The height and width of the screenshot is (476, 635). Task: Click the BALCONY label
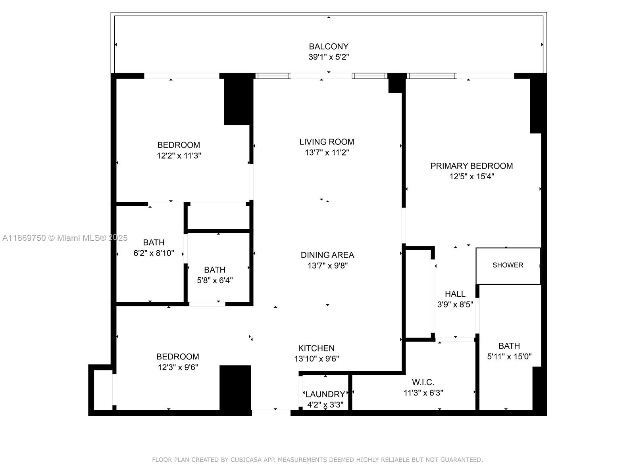[329, 46]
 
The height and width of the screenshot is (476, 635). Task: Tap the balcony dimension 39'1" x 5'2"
[329, 57]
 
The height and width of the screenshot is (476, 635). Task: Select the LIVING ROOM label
[327, 142]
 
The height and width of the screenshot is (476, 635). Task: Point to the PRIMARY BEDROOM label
[471, 166]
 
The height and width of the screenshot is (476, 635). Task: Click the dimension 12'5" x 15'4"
[471, 177]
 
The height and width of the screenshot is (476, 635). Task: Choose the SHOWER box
[508, 265]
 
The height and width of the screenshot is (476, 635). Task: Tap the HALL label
[455, 294]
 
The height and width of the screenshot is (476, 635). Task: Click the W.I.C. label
[423, 382]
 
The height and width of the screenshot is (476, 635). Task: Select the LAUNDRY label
[325, 394]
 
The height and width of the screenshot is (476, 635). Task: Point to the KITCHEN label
[316, 348]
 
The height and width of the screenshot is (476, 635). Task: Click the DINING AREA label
[327, 255]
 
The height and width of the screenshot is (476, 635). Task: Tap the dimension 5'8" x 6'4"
[215, 280]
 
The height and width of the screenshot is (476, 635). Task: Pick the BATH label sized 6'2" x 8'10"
[154, 242]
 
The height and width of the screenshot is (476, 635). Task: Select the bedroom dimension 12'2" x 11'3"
[179, 156]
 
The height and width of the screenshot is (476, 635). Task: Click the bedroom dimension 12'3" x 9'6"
[178, 367]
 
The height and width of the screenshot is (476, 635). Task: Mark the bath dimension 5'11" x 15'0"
[509, 357]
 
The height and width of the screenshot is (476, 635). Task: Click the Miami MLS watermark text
[65, 238]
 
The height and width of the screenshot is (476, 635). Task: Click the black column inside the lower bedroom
[235, 389]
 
